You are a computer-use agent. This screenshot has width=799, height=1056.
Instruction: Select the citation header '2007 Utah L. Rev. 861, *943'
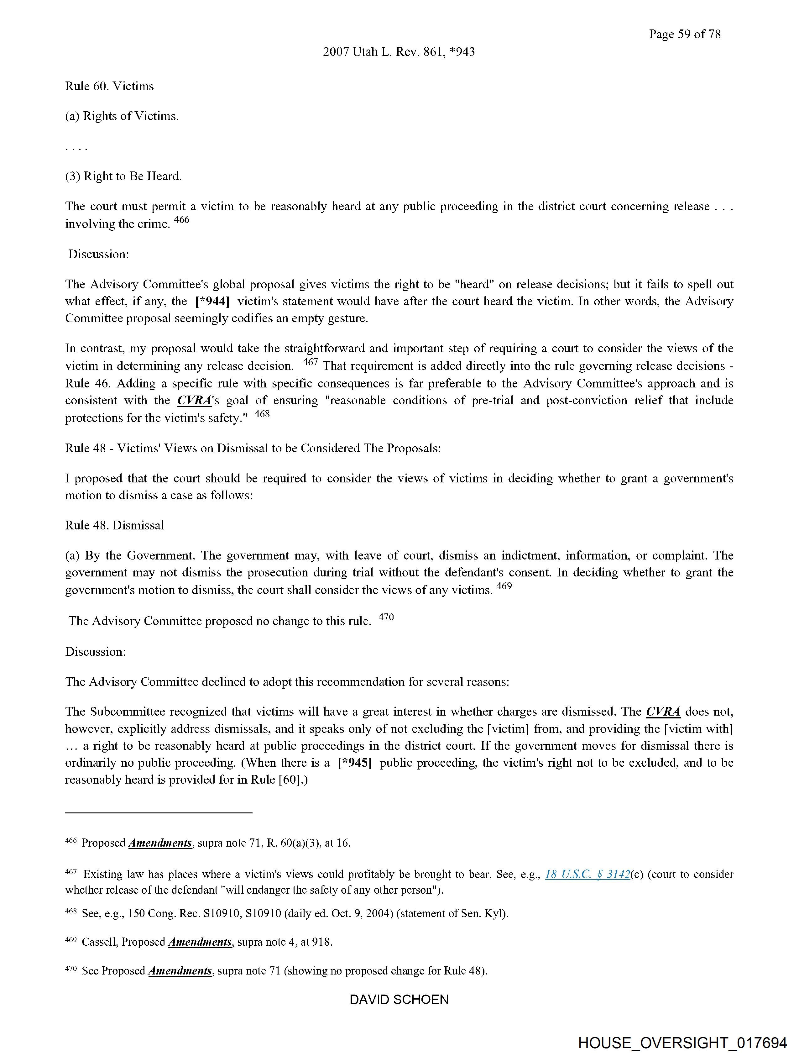coord(399,51)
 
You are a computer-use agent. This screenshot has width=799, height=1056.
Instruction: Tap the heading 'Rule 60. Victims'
coord(109,87)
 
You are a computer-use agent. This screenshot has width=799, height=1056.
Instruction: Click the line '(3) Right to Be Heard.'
coord(123,176)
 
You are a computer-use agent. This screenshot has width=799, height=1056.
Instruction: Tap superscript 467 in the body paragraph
coord(310,362)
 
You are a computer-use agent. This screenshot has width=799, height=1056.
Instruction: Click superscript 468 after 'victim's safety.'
coord(262,414)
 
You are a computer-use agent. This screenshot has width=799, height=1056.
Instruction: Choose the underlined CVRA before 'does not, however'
coord(663,711)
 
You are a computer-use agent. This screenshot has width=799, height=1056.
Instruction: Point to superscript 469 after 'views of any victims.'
coord(504,586)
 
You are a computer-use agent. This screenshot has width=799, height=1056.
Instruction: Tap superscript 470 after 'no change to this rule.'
coord(386,617)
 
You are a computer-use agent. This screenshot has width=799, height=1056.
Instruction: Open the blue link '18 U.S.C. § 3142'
coord(587,874)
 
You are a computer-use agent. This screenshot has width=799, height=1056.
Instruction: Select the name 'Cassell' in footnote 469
coord(99,942)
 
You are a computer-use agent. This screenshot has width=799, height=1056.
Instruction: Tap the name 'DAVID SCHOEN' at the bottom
coord(399,999)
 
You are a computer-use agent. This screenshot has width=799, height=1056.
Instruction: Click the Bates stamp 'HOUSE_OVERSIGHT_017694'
coord(682,1042)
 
